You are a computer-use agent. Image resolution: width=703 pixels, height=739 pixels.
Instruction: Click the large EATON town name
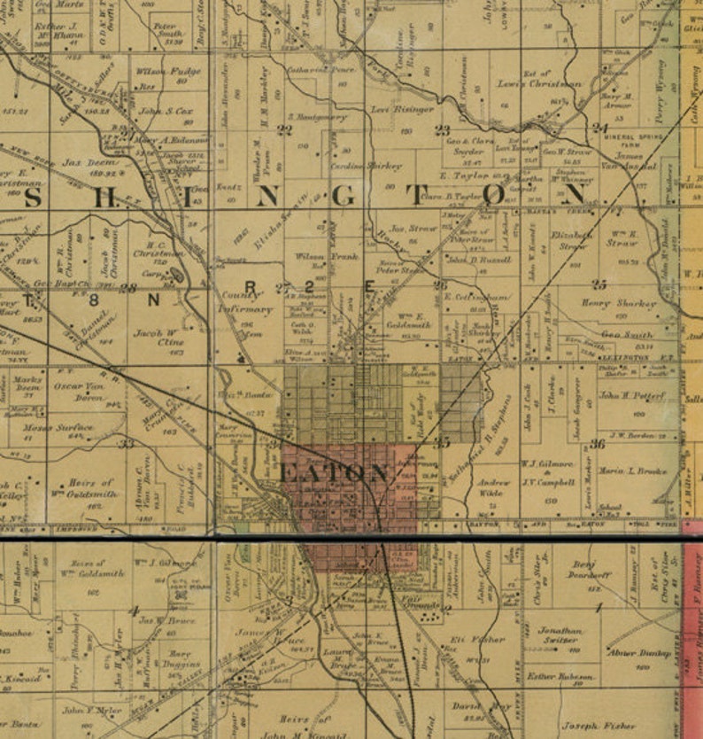pyautogui.click(x=334, y=473)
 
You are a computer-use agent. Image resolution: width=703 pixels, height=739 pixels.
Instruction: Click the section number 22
pyautogui.click(x=284, y=129)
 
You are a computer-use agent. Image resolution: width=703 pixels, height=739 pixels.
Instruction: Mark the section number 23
pyautogui.click(x=442, y=129)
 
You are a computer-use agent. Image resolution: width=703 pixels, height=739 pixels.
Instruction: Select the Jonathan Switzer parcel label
pyautogui.click(x=561, y=635)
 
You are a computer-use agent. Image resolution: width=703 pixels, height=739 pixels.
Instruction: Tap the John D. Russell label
pyautogui.click(x=480, y=261)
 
